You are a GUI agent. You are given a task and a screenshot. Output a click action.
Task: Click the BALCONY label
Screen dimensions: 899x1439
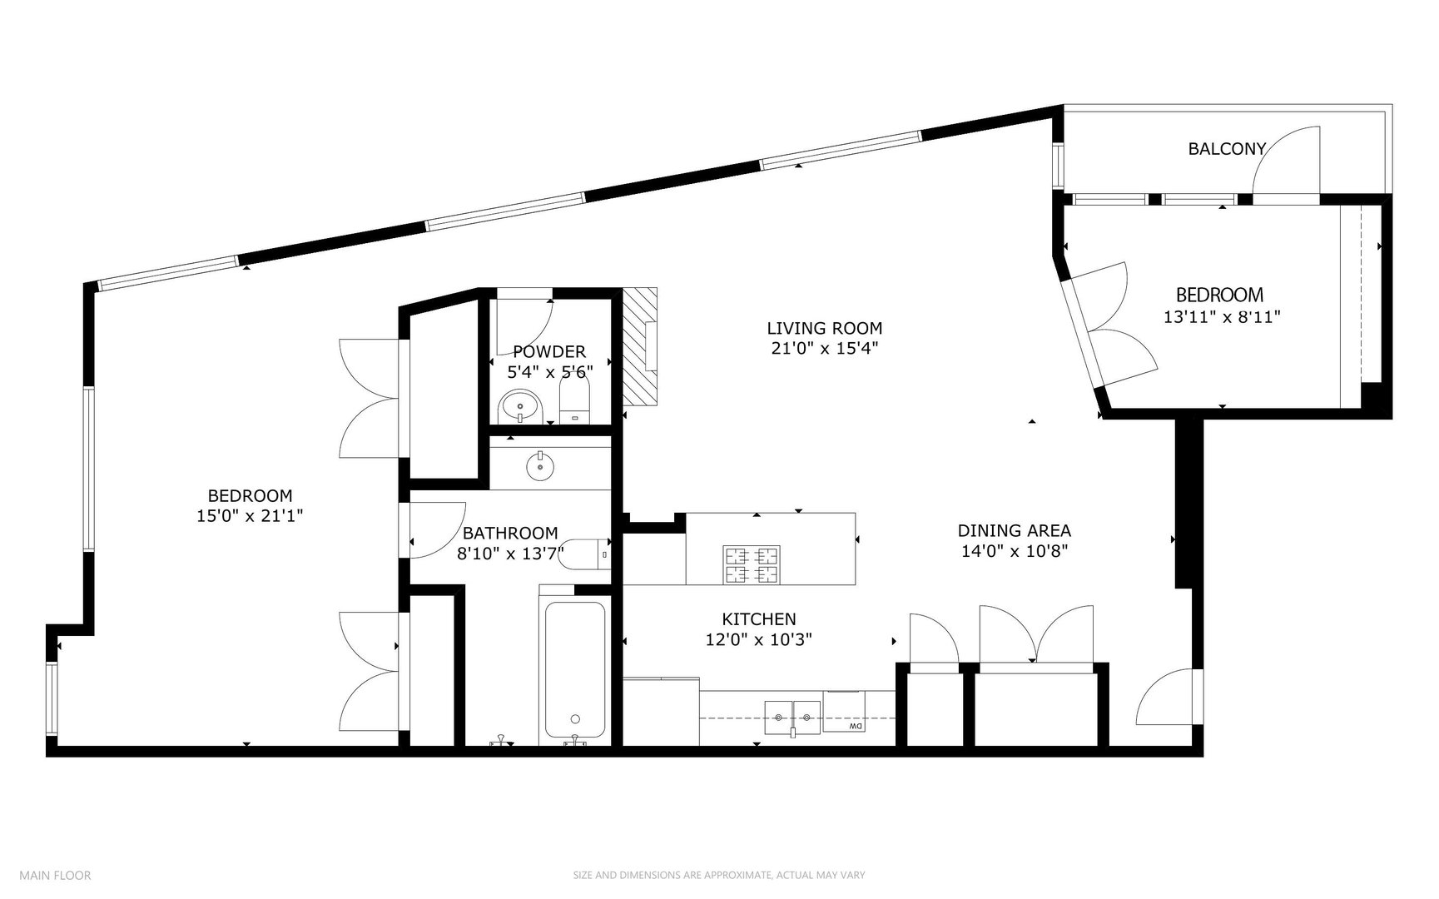[x=1227, y=149]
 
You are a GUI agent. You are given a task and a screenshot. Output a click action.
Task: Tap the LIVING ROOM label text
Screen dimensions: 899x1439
[x=824, y=329]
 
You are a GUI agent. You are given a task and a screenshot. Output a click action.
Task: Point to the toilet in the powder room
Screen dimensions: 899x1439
[x=574, y=403]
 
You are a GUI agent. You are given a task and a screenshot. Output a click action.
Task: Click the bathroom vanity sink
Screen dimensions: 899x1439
[x=541, y=467]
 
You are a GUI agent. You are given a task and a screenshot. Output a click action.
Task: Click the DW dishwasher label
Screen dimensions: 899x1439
[x=855, y=728]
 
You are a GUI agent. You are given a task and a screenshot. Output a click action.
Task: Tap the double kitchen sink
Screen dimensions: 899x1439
[x=793, y=718]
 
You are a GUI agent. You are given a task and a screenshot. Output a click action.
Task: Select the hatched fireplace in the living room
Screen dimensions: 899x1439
[x=641, y=347]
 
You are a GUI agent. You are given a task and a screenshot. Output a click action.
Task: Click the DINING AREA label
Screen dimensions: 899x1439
[x=1014, y=530]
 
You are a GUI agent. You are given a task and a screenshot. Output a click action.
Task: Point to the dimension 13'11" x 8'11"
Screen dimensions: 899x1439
[x=1221, y=317]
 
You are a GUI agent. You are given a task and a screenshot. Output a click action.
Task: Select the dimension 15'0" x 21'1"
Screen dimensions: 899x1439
[x=250, y=516]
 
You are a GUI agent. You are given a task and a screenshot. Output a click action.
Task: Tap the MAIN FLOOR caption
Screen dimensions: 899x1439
[x=55, y=875]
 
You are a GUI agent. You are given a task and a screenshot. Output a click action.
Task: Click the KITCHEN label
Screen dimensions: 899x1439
[x=758, y=619]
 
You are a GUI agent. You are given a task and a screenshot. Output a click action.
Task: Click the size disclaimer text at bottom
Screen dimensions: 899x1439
[x=719, y=876]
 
